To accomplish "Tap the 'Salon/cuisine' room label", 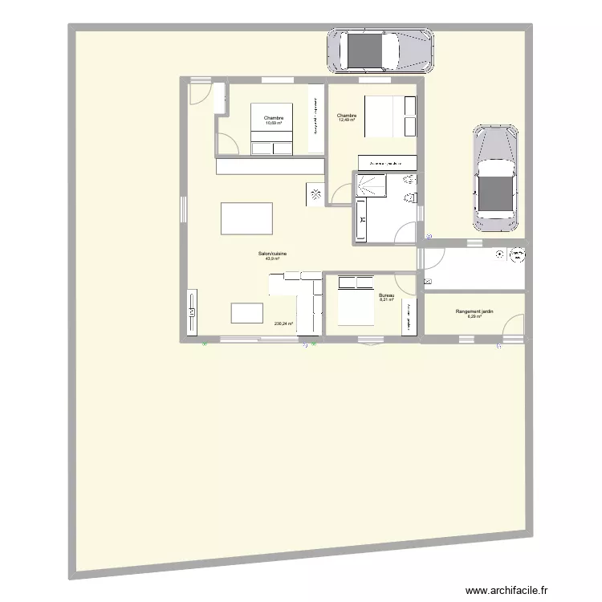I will (272, 254).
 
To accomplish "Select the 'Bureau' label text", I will (386, 295).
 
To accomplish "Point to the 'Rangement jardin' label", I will (474, 311).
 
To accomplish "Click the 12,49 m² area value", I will (347, 120).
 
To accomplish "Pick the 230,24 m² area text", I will (283, 324).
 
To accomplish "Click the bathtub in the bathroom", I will (361, 218).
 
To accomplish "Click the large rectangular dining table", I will (246, 218).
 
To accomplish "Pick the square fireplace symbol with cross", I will (315, 193).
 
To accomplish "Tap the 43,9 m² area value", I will (272, 258).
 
